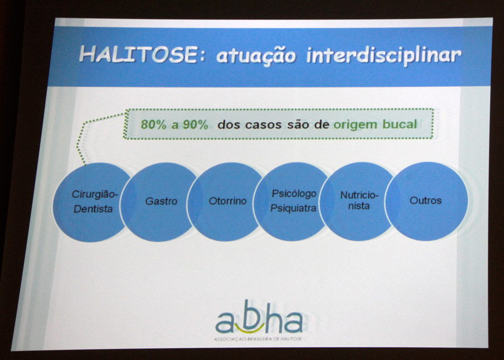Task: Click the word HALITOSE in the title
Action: click(138, 53)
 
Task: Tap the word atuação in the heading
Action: click(256, 55)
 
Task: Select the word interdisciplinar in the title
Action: click(384, 55)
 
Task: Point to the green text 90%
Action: click(196, 124)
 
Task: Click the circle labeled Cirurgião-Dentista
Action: click(93, 202)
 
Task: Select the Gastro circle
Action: click(160, 202)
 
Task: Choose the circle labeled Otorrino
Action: click(227, 202)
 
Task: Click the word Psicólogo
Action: click(294, 194)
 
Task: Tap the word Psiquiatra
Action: click(293, 208)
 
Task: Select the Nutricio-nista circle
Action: click(359, 201)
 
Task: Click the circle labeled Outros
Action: click(426, 201)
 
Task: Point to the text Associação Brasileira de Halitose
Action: click(258, 339)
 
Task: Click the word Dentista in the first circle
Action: click(93, 209)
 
